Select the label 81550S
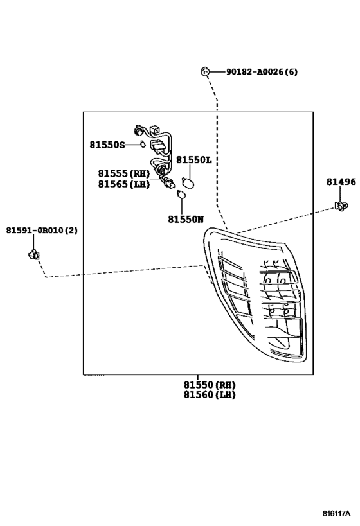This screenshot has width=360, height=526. pos(107,145)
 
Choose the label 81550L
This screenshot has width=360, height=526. pos(194,160)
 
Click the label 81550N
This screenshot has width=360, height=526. pos(185,219)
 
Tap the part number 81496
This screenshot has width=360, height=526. pos(340,182)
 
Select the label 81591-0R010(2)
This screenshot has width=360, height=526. pos(42,230)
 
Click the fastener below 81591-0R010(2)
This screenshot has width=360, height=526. pos(34,254)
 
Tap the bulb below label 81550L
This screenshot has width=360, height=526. pos(188,180)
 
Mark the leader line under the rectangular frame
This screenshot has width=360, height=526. pos(210,377)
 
